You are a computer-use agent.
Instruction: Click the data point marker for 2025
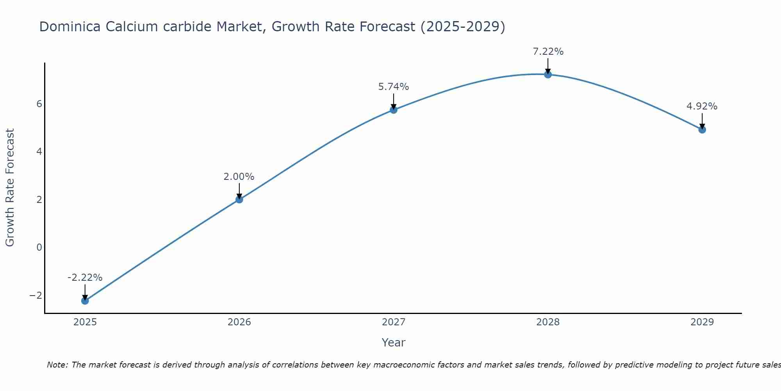85,301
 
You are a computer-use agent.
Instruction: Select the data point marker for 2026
239,199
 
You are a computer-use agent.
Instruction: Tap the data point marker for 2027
394,110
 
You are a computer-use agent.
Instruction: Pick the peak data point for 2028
548,74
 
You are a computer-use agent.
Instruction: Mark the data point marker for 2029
702,129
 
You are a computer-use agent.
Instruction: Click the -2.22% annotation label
85,278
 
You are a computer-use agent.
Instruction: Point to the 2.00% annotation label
239,177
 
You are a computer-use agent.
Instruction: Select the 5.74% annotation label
394,87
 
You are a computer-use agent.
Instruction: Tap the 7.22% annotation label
548,52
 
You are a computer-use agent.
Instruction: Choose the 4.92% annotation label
702,106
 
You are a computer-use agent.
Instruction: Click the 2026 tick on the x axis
239,322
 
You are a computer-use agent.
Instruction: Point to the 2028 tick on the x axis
548,322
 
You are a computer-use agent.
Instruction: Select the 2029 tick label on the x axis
702,322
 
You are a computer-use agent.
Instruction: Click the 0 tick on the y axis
39,247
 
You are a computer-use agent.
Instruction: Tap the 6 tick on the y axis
39,104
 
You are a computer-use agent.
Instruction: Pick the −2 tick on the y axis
36,295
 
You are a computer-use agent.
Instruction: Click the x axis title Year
394,343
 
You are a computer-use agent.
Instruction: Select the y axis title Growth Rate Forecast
10,187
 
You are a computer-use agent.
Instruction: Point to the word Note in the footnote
57,365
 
